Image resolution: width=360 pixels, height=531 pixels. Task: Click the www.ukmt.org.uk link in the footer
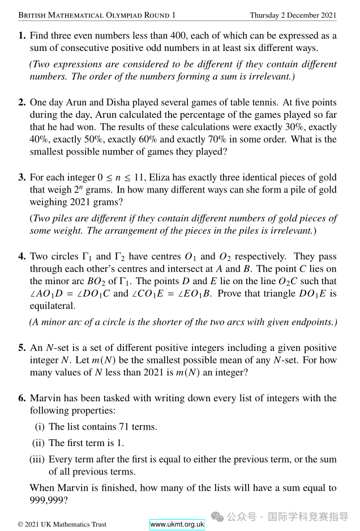(177, 524)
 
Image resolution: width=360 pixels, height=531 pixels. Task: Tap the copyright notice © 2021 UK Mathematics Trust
(62, 524)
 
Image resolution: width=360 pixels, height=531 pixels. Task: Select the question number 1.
(22, 35)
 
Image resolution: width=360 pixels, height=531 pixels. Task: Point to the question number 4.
(22, 256)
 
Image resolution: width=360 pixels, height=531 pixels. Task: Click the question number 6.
(22, 398)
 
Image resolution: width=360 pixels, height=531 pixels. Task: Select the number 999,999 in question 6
(48, 500)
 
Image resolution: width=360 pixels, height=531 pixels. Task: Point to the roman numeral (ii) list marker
(38, 443)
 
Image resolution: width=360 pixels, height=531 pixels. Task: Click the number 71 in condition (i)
(125, 427)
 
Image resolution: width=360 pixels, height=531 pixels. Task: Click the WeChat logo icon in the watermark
(218, 516)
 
